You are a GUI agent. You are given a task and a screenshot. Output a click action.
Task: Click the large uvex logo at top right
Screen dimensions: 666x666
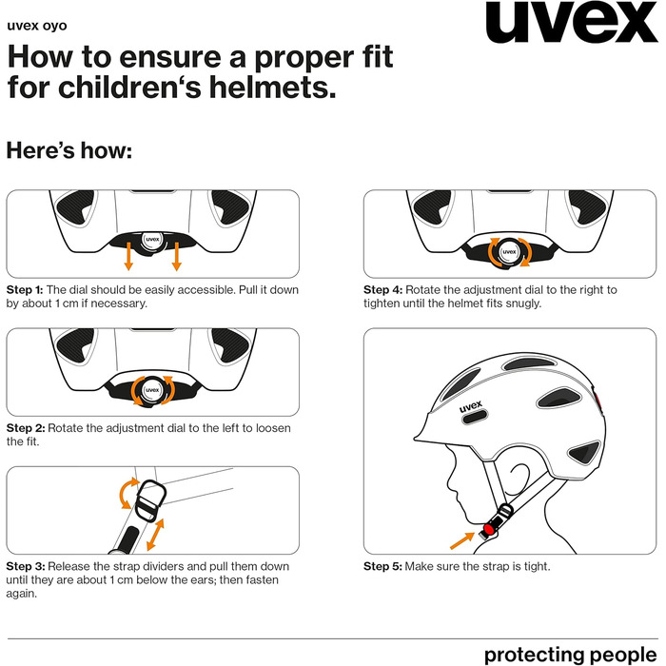(x=572, y=22)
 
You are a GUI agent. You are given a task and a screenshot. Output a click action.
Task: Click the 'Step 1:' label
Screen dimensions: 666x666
(x=25, y=289)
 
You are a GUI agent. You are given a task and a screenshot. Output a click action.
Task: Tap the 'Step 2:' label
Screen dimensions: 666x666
(x=26, y=428)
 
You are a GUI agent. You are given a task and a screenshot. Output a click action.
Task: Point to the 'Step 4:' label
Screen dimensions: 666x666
(x=382, y=289)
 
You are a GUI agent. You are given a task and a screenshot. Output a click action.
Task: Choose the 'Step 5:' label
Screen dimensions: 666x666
(x=382, y=566)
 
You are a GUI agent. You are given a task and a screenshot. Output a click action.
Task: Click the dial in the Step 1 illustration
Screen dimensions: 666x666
(x=152, y=240)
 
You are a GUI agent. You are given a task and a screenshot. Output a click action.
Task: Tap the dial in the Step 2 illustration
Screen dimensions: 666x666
(x=152, y=390)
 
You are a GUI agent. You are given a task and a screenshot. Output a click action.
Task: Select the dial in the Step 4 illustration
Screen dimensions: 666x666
(x=509, y=252)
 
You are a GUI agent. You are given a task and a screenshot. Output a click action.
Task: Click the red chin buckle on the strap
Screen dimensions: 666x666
(x=489, y=529)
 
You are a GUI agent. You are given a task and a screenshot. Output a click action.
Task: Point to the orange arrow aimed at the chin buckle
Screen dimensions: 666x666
(x=462, y=540)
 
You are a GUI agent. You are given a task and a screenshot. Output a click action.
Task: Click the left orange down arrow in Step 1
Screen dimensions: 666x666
(x=128, y=256)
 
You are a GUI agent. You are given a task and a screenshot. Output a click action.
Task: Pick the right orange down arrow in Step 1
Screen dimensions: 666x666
(x=177, y=256)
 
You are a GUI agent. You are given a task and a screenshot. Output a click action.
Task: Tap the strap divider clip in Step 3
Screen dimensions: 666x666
(x=150, y=500)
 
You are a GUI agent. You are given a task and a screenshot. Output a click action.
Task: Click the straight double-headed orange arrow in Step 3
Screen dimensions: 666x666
(x=155, y=534)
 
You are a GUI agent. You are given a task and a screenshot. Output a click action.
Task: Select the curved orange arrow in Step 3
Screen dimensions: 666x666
(x=127, y=493)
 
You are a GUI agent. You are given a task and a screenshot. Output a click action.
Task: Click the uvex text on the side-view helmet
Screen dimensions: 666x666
(x=471, y=406)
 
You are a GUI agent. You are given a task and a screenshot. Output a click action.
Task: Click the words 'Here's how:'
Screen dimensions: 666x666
(x=69, y=150)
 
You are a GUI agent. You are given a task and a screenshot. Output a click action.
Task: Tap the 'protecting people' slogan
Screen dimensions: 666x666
(x=571, y=655)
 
